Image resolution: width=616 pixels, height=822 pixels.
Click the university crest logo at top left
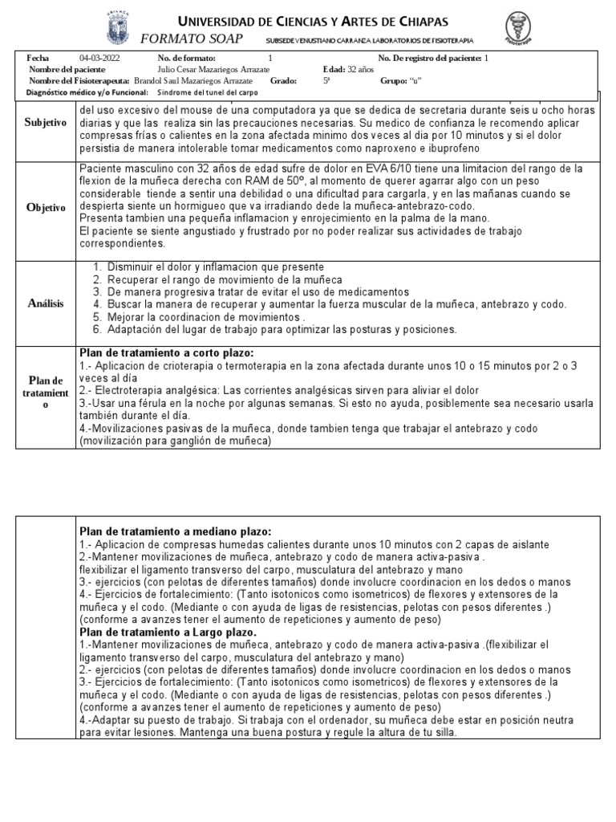click(x=120, y=28)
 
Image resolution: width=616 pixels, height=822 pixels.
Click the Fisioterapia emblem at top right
click(x=523, y=30)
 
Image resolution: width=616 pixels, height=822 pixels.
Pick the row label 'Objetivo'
click(x=44, y=207)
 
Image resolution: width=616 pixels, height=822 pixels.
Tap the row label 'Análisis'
click(x=44, y=303)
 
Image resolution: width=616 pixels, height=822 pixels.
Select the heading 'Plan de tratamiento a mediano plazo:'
click(x=175, y=531)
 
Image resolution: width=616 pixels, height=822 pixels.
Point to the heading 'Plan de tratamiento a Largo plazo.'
click(x=167, y=633)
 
